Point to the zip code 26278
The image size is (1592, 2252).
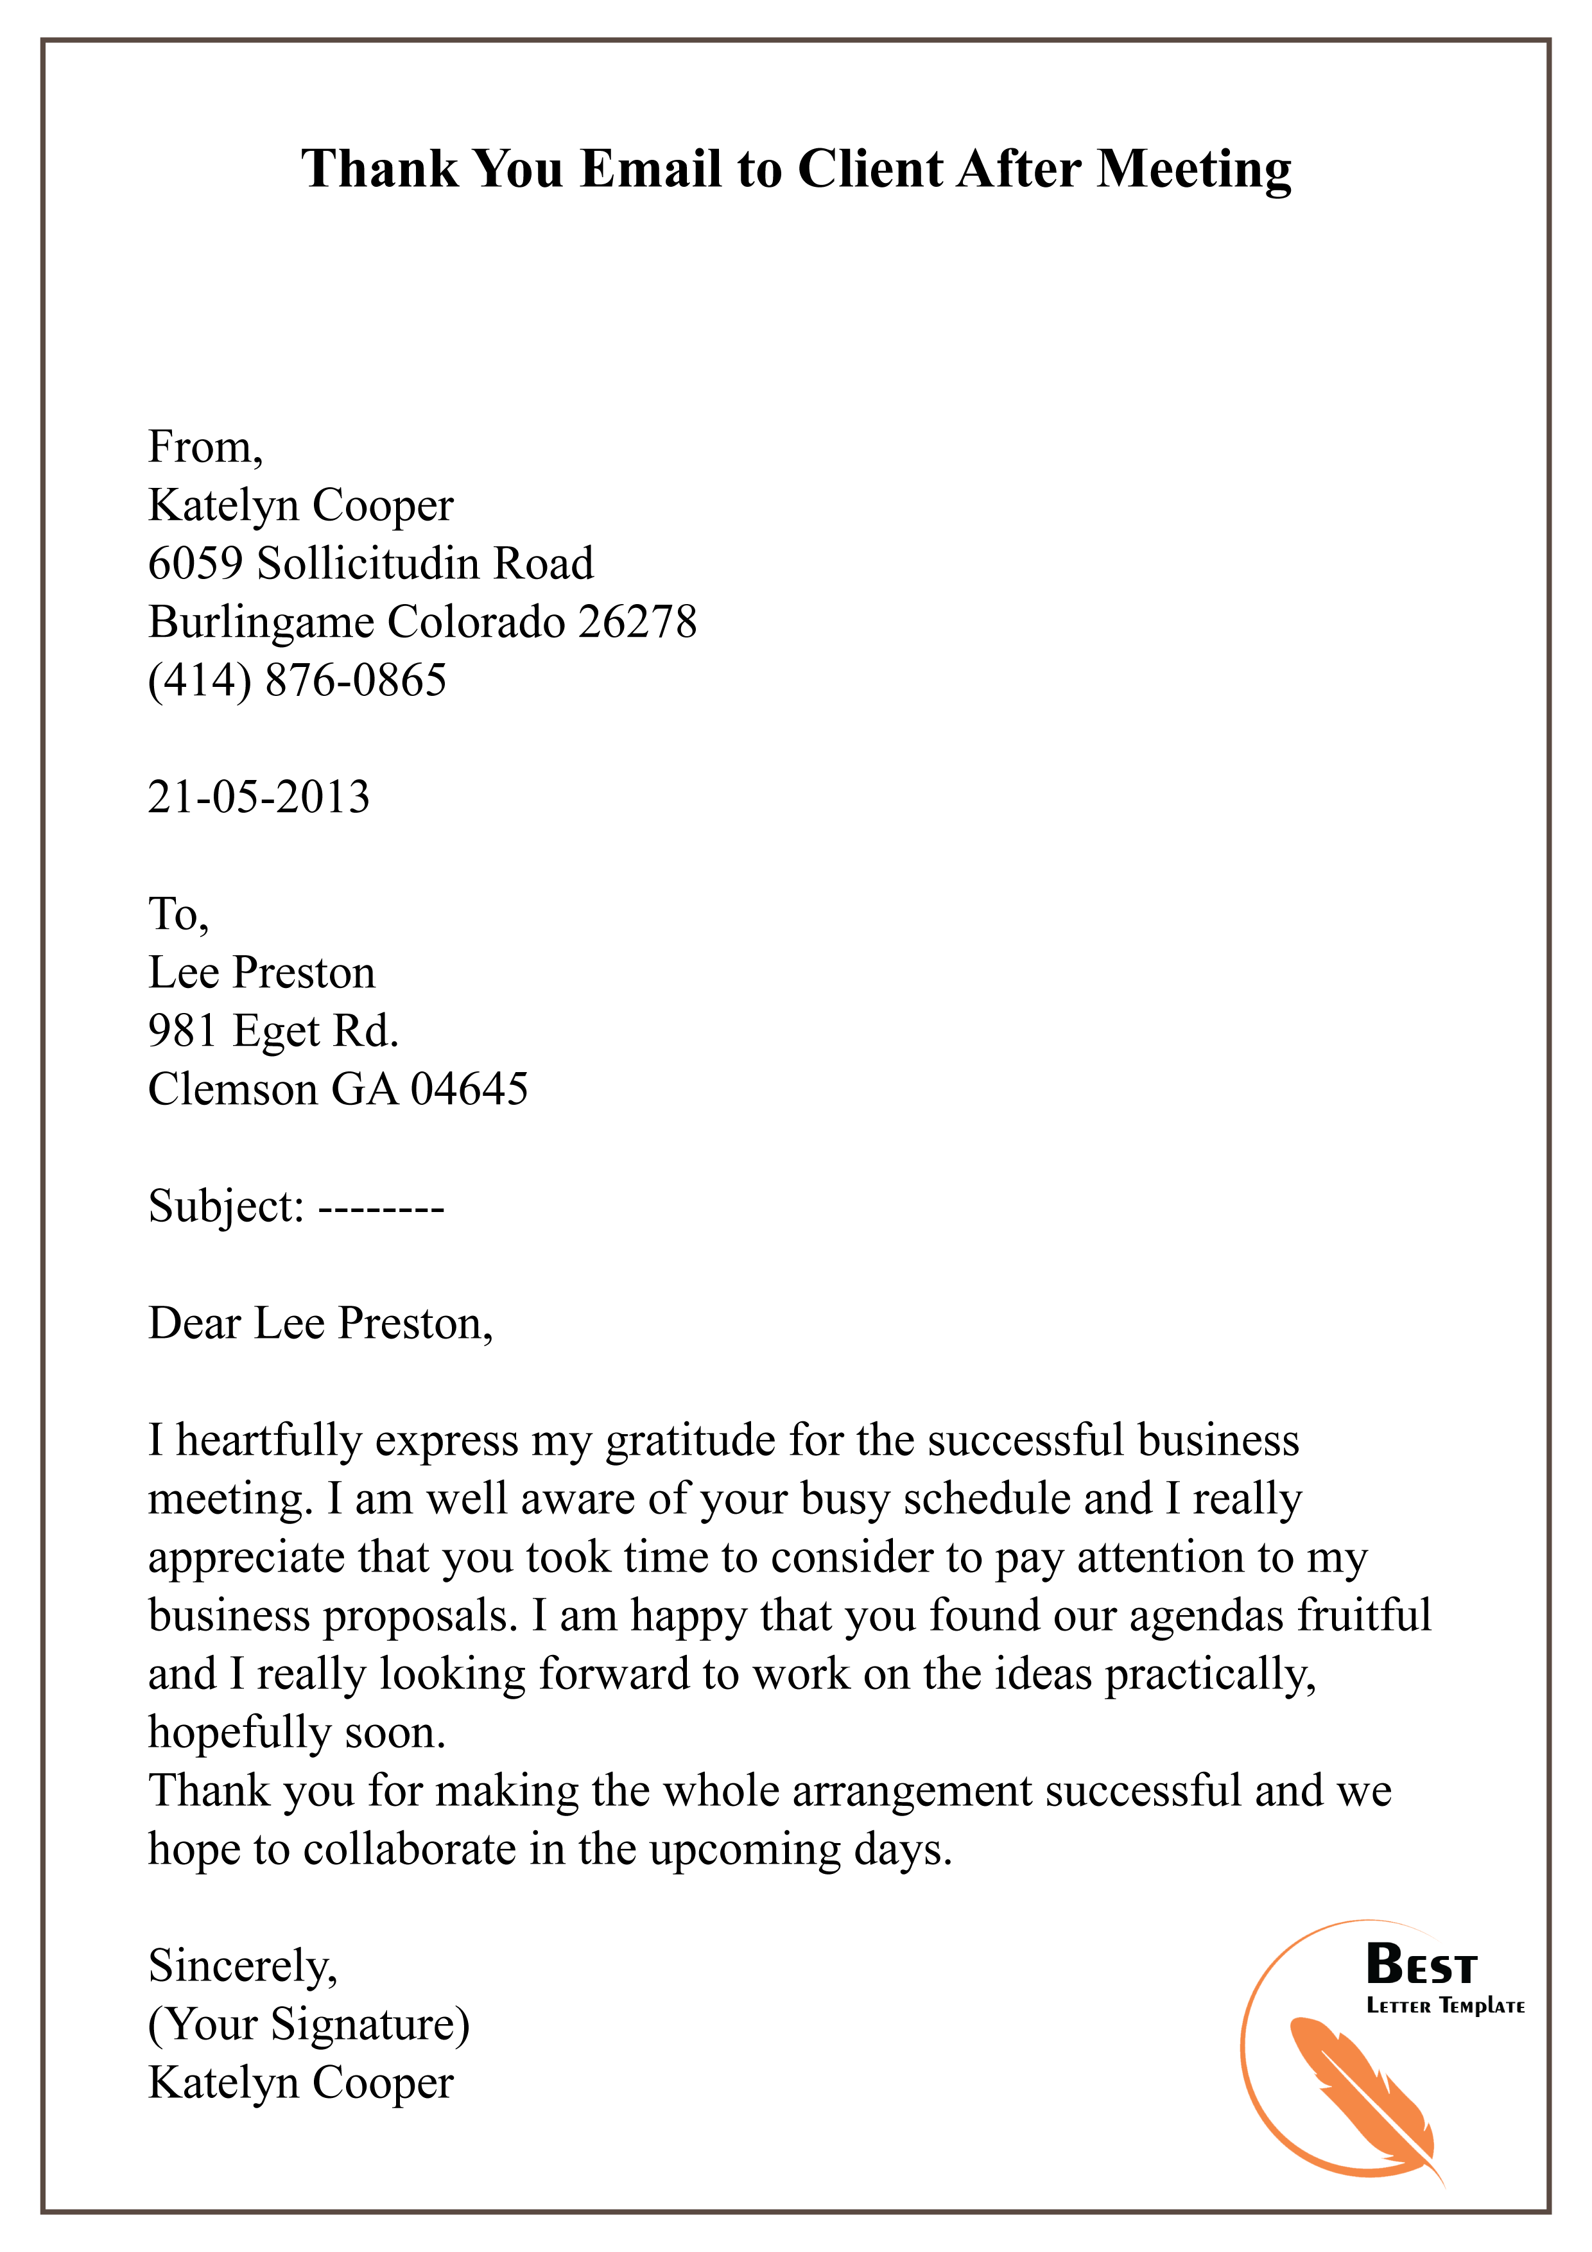point(637,622)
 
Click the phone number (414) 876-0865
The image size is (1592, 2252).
point(297,680)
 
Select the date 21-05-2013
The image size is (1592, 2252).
point(259,797)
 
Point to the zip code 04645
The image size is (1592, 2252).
point(469,1089)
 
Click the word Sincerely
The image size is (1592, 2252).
point(242,1968)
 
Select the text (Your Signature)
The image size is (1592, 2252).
point(309,2025)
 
